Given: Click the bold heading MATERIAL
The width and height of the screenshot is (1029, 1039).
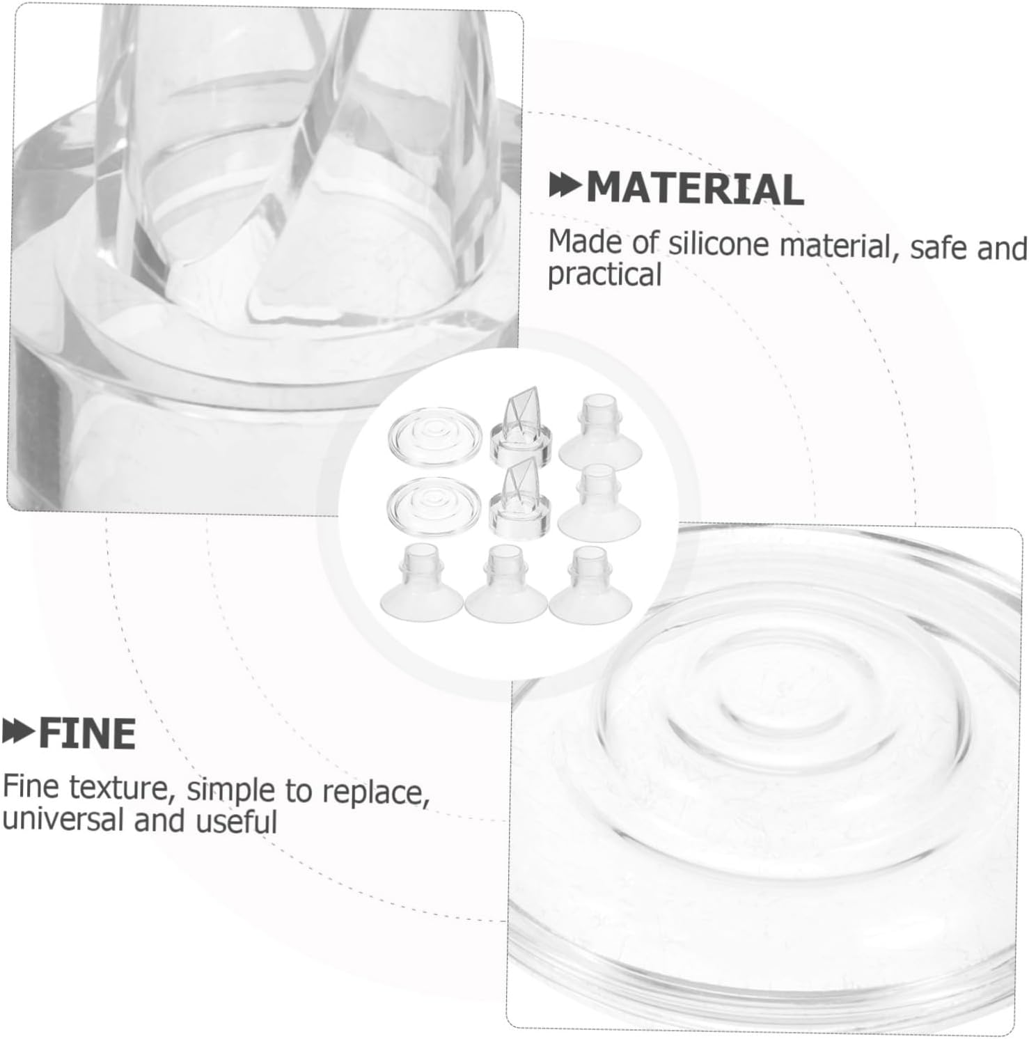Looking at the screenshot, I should click(x=695, y=189).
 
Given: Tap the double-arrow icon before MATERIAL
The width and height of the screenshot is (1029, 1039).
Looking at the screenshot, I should click(x=566, y=187).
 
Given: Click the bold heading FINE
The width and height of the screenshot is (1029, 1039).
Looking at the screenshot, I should click(x=87, y=734).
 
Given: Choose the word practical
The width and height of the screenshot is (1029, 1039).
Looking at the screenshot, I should click(x=604, y=275).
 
